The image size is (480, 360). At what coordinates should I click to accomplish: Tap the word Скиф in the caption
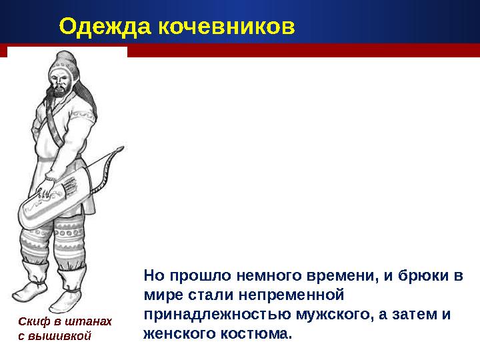point(30,321)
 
